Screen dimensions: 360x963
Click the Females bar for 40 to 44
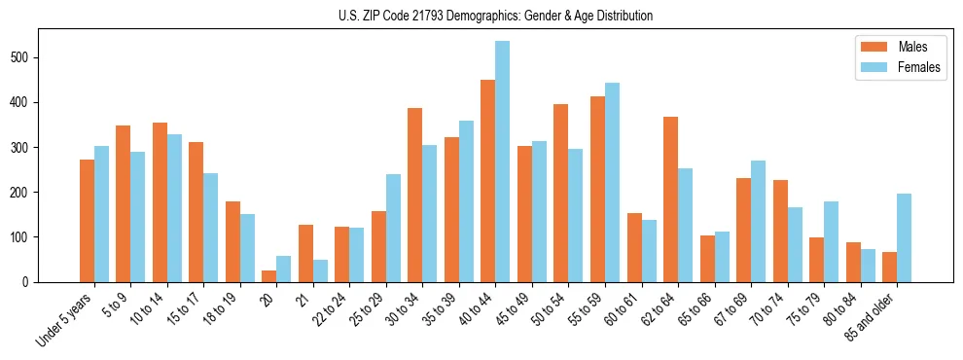pyautogui.click(x=503, y=162)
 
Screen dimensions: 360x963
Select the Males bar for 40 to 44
pyautogui.click(x=488, y=181)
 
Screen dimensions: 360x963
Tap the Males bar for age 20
pyautogui.click(x=269, y=276)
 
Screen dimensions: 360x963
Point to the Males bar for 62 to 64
pyautogui.click(x=670, y=199)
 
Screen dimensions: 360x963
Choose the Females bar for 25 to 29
pyautogui.click(x=393, y=229)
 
